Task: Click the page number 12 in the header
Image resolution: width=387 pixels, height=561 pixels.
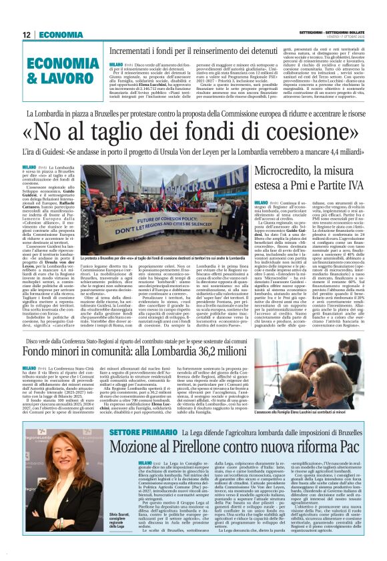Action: (x=27, y=34)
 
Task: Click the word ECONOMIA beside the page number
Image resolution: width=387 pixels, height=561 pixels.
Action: (x=61, y=34)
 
